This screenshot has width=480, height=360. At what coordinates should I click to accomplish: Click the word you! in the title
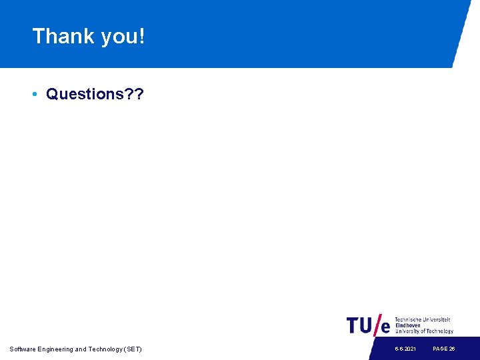pyautogui.click(x=123, y=37)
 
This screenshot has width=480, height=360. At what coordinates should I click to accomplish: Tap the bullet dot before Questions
pyautogui.click(x=34, y=94)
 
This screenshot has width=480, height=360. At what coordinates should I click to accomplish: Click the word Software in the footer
pyautogui.click(x=23, y=349)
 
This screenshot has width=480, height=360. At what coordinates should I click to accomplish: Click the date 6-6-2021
pyautogui.click(x=405, y=349)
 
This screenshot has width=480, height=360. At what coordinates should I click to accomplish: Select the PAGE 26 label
pyautogui.click(x=443, y=349)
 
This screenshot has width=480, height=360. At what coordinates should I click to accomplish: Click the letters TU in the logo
pyautogui.click(x=360, y=325)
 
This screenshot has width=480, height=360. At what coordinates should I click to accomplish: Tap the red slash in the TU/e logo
pyautogui.click(x=378, y=324)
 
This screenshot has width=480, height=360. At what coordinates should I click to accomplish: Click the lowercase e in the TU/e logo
pyautogui.click(x=385, y=327)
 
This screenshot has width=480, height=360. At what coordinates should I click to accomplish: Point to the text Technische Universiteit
pyautogui.click(x=423, y=320)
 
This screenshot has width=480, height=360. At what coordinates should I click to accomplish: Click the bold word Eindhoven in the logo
pyautogui.click(x=408, y=325)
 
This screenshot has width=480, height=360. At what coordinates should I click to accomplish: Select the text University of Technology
pyautogui.click(x=424, y=331)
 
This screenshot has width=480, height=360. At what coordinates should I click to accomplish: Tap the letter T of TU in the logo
pyautogui.click(x=353, y=325)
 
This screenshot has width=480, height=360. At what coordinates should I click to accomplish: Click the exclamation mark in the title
pyautogui.click(x=141, y=36)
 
